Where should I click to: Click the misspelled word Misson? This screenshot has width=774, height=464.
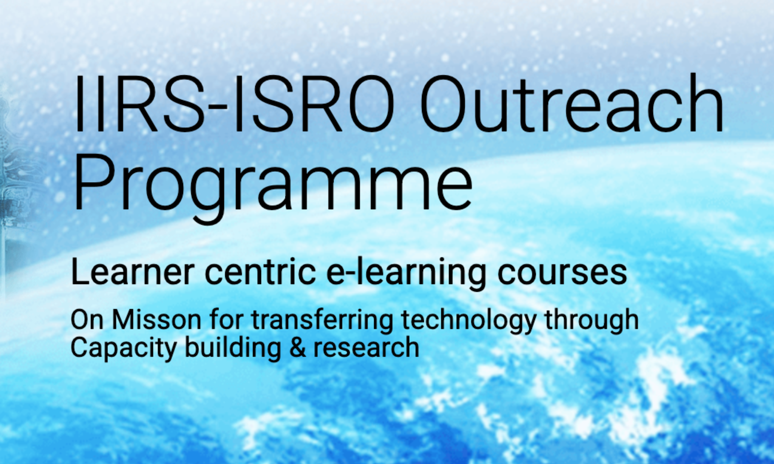157,320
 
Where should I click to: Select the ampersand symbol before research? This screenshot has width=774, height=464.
298,348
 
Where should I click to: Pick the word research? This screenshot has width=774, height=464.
366,348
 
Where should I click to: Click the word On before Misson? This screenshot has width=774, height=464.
87,320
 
